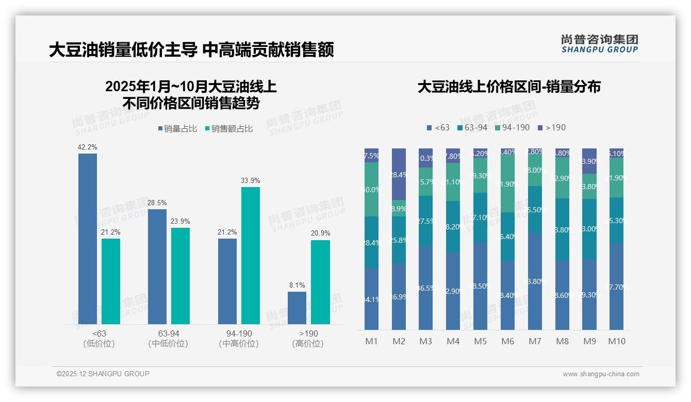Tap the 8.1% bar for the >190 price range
click(x=297, y=308)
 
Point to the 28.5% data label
click(x=157, y=203)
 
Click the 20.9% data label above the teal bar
click(x=321, y=233)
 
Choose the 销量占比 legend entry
click(x=177, y=129)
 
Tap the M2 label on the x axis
click(x=399, y=341)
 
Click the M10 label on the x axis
click(x=616, y=341)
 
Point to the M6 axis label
click(x=507, y=341)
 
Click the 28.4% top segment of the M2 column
click(x=399, y=174)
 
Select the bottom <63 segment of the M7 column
click(x=535, y=281)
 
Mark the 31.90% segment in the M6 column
click(x=507, y=183)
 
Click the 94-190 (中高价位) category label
click(x=239, y=339)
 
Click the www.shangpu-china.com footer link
click(x=601, y=374)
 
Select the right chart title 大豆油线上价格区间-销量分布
click(x=509, y=87)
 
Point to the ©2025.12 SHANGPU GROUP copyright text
click(x=103, y=374)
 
